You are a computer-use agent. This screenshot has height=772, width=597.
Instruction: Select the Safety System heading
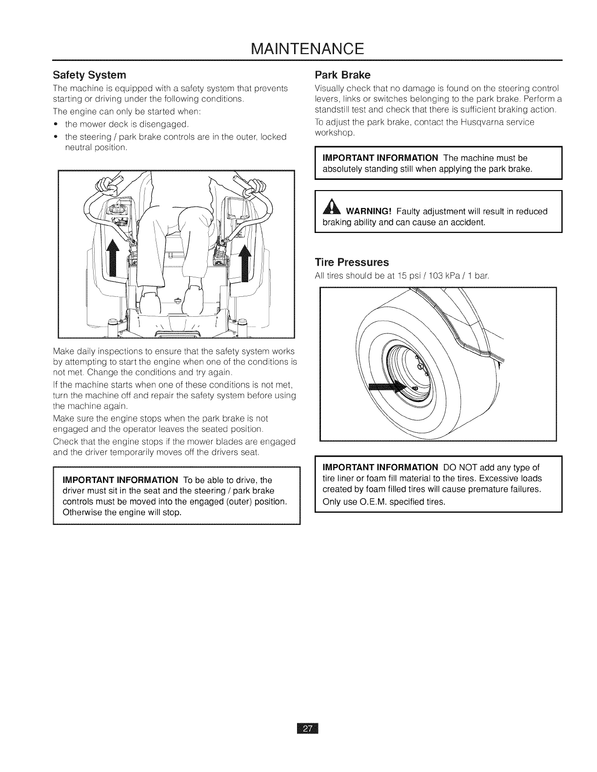[89, 75]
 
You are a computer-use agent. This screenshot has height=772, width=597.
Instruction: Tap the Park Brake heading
[343, 75]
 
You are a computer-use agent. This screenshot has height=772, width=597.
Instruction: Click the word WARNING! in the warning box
[369, 212]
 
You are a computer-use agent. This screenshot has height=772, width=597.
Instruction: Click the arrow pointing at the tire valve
[385, 388]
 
